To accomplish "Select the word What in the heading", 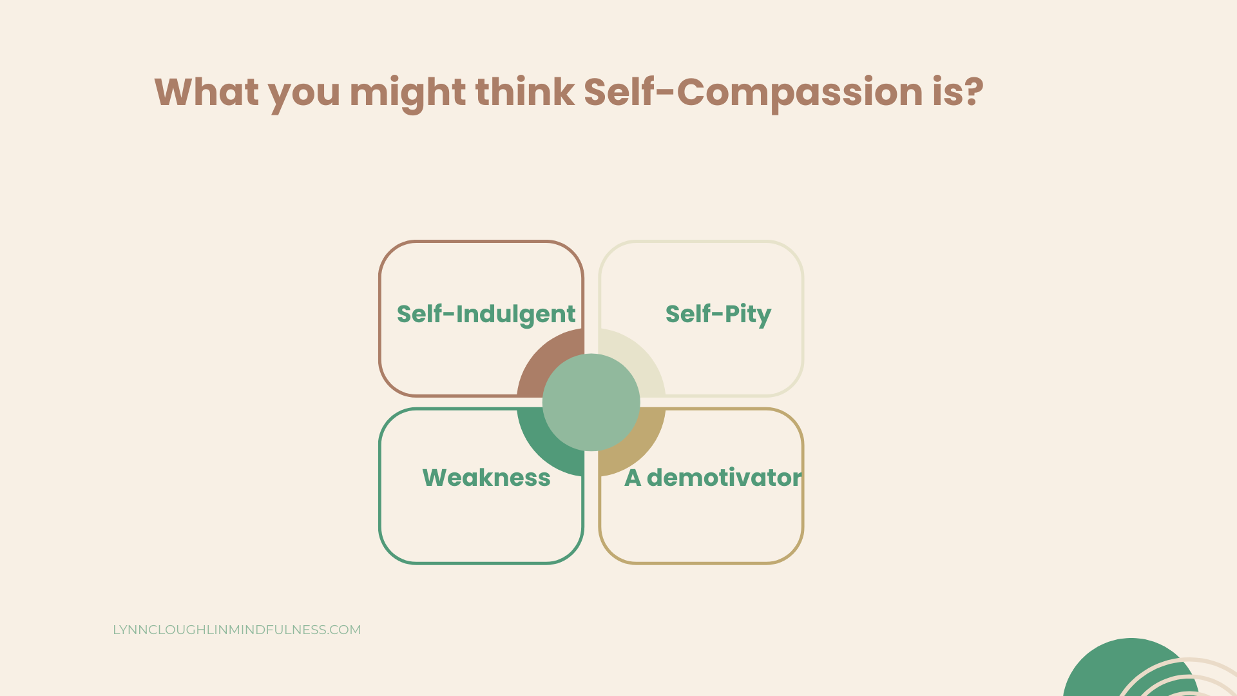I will (206, 92).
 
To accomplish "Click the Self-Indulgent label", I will (486, 314).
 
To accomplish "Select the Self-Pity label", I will (718, 314).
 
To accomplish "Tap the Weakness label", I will (486, 478).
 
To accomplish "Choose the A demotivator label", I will (713, 478).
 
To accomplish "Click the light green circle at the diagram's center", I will (591, 402).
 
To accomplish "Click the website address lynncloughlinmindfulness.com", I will (236, 630).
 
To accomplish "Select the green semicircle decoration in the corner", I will (1108, 670).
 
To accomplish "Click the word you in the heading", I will (304, 92).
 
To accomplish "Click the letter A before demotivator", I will (633, 478).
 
